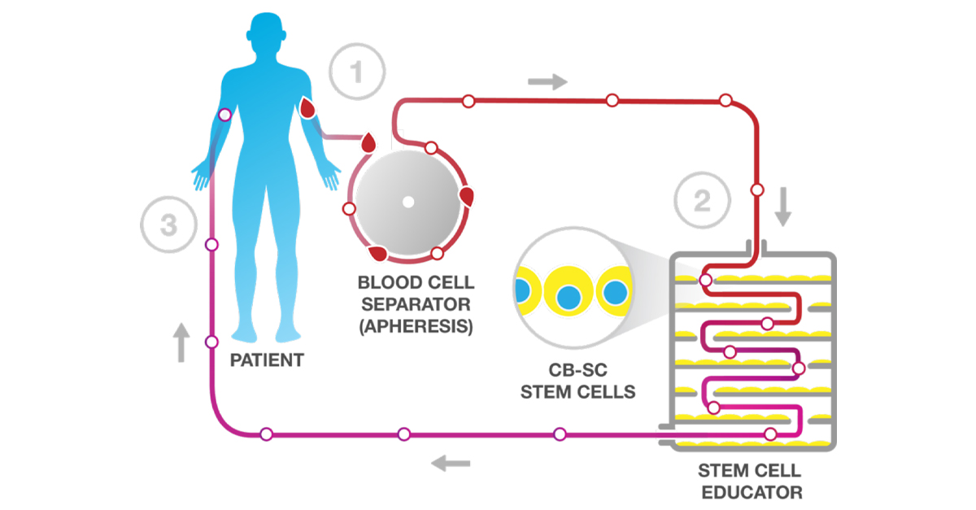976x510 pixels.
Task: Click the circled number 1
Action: coord(355,71)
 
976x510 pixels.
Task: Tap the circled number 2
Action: coord(700,200)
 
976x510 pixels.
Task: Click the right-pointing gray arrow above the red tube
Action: coord(547,81)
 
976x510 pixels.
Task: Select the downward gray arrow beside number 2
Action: coord(782,207)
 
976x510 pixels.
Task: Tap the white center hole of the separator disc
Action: coord(408,201)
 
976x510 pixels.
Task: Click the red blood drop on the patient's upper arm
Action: coord(308,108)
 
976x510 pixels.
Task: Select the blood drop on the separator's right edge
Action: coord(467,196)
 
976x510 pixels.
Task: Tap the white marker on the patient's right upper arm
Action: coord(225,115)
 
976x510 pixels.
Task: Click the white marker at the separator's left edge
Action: coord(349,209)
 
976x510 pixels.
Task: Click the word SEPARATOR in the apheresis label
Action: coord(416,305)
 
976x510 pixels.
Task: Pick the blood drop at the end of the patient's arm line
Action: coord(368,145)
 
